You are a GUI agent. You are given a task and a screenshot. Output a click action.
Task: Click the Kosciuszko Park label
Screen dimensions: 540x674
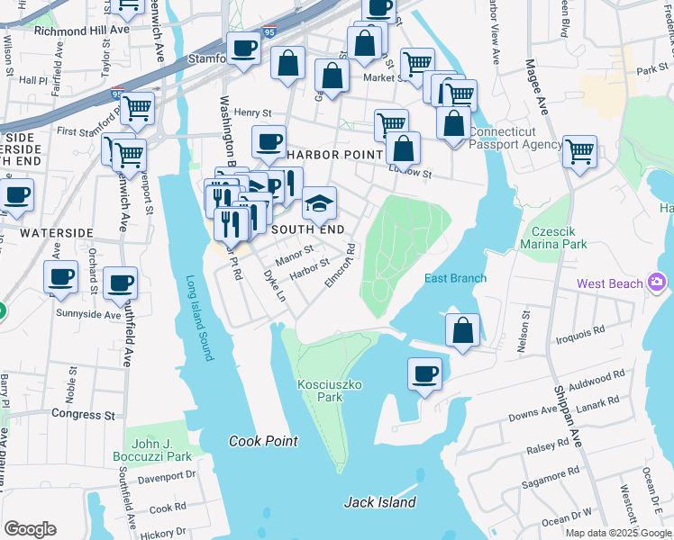[330, 391]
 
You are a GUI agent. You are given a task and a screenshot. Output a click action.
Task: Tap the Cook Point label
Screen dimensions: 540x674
[263, 441]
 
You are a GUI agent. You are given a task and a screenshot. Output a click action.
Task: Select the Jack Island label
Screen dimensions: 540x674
[379, 502]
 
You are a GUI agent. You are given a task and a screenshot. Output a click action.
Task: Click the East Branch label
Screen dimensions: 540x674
[455, 278]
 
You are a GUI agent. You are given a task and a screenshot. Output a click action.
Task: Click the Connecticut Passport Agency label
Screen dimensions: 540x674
[515, 138]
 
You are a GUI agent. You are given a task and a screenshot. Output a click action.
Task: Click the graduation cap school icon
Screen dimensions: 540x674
[319, 205]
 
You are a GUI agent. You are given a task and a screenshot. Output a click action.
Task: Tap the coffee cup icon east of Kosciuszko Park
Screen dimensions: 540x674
[424, 373]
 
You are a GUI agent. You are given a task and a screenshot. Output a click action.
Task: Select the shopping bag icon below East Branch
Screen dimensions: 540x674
[462, 329]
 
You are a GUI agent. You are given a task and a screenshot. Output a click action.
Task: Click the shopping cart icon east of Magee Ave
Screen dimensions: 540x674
[579, 150]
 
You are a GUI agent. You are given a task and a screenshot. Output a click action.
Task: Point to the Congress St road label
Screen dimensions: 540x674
[84, 415]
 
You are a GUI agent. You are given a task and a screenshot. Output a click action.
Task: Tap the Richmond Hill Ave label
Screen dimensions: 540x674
[82, 30]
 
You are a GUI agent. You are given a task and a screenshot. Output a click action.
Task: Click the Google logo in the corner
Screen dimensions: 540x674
[31, 528]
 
